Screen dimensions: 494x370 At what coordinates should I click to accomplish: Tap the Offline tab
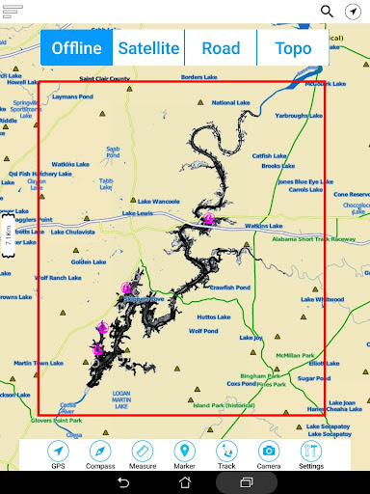[x=77, y=48]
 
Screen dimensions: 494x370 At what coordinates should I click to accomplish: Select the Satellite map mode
[x=147, y=48]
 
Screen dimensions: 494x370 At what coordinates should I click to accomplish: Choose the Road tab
[x=221, y=48]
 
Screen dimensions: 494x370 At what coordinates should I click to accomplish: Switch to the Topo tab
[x=292, y=48]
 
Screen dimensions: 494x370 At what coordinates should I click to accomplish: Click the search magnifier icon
[x=328, y=12]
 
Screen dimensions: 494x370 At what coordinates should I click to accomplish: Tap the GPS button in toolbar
[x=59, y=453]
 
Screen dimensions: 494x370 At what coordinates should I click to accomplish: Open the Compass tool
[x=101, y=453]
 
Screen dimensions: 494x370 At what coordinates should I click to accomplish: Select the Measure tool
[x=144, y=453]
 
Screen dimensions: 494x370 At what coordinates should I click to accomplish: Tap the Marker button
[x=184, y=453]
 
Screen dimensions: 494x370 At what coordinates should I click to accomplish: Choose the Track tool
[x=226, y=453]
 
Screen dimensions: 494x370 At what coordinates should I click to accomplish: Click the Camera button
[x=269, y=453]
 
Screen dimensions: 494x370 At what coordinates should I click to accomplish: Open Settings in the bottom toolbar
[x=310, y=453]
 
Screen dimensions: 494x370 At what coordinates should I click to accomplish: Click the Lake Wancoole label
[x=158, y=189]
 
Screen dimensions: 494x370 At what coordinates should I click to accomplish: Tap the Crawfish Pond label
[x=229, y=287]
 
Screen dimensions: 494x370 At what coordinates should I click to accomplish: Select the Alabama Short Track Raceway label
[x=314, y=238]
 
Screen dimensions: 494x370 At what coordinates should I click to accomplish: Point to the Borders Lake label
[x=198, y=77]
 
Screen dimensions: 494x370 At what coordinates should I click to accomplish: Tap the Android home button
[x=184, y=482]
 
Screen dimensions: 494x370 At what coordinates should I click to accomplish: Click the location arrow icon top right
[x=354, y=12]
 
